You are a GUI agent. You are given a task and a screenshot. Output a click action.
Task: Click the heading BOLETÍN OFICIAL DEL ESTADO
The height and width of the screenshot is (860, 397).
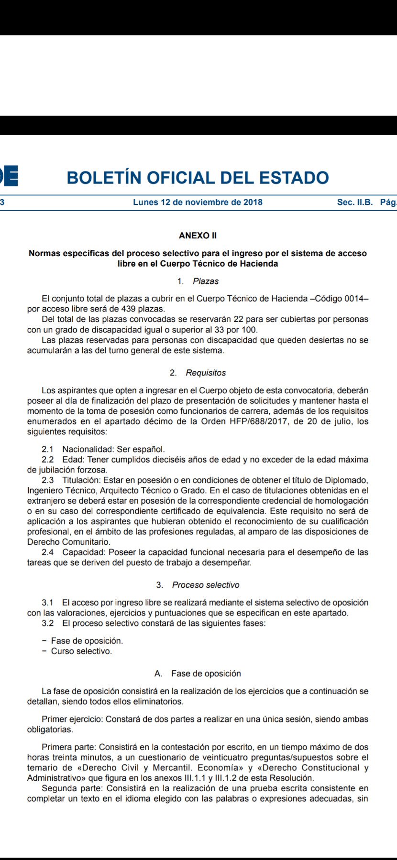(198, 178)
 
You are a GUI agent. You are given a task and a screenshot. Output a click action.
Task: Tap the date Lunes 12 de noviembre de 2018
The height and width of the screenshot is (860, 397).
(198, 202)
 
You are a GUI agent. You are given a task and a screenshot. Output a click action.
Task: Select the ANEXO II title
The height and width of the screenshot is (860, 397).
(198, 236)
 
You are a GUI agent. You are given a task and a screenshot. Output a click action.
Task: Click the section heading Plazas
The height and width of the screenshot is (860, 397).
(206, 281)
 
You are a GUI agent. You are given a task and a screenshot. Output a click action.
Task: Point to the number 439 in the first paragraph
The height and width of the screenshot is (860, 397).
(129, 309)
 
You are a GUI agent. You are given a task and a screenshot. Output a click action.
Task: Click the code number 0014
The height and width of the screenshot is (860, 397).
(354, 299)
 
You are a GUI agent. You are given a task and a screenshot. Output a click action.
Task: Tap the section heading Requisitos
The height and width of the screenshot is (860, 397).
(206, 373)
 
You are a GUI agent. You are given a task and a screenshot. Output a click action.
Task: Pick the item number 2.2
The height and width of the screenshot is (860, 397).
(48, 460)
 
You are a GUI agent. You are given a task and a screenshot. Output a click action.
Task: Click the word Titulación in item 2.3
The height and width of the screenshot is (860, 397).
(81, 480)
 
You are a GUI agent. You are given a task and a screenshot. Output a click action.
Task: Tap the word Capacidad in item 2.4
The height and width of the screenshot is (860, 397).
(84, 552)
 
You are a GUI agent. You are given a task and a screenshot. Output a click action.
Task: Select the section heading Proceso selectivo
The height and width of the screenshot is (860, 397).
(206, 585)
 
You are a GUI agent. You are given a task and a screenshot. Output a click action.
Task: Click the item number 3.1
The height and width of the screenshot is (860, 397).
(48, 602)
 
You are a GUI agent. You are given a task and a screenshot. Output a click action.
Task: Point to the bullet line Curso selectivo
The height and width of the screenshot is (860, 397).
(81, 651)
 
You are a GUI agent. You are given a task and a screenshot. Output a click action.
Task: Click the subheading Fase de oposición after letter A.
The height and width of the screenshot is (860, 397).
(206, 674)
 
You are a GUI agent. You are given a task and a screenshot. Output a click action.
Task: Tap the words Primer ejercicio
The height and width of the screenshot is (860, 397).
(72, 719)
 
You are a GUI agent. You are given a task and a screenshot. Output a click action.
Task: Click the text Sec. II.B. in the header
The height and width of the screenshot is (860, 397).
(354, 202)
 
